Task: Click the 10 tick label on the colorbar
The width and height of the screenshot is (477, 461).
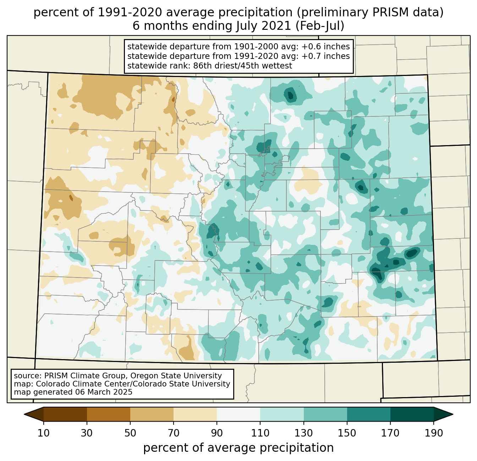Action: coord(44,433)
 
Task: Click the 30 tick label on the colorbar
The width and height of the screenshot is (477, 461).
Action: coord(87,433)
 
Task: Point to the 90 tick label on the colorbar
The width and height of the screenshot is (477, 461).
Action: coord(217,433)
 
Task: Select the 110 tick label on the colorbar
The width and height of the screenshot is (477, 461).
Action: coord(260,433)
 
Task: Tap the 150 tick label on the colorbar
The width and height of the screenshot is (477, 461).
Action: coord(347,433)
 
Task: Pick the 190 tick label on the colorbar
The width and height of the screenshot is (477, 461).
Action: coord(434,433)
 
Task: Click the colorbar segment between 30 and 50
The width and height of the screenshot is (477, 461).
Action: coord(109,414)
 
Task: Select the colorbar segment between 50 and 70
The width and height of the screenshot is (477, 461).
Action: coord(152,414)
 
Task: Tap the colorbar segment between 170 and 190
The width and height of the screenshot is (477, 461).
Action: coord(412,414)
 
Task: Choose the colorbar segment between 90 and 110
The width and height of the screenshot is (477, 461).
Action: coord(238,414)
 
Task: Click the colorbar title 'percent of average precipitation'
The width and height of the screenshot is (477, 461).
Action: coord(238,448)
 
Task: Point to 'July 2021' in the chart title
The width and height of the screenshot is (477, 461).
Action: coord(261,26)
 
